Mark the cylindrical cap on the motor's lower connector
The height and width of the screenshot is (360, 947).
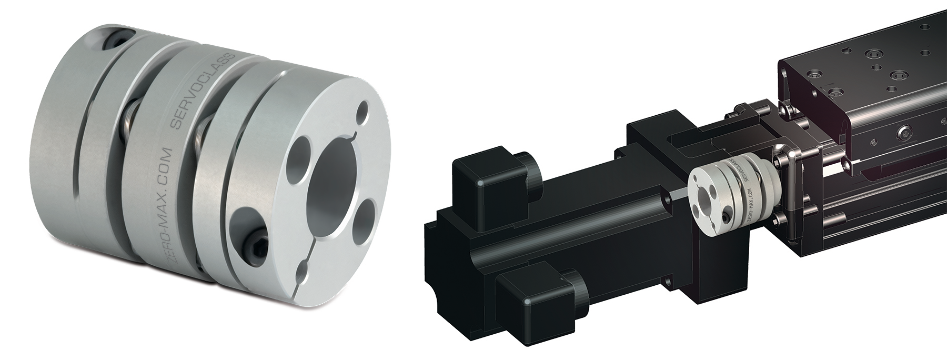(x=571, y=287)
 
